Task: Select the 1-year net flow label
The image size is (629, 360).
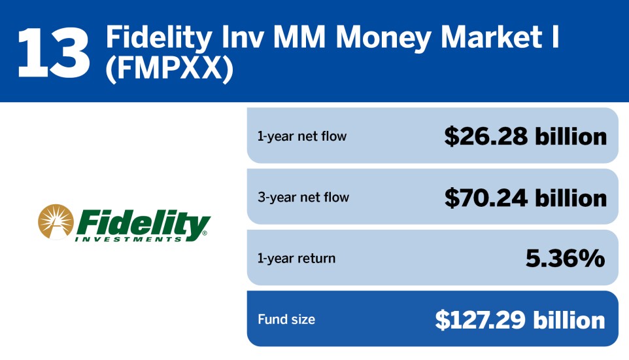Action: (301, 137)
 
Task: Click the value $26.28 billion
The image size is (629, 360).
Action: (525, 136)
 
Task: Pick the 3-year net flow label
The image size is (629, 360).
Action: (303, 197)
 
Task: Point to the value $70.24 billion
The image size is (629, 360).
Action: (525, 197)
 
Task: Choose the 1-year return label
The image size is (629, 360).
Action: (296, 259)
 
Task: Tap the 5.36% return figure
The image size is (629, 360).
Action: (565, 259)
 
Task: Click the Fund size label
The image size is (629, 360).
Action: (286, 320)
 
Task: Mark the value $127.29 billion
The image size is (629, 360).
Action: (520, 320)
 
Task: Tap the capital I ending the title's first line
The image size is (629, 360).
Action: (555, 39)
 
